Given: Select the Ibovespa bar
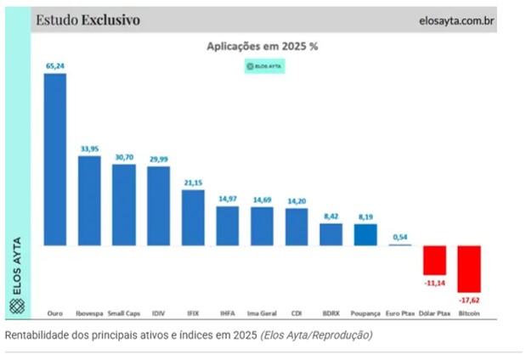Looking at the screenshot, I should point(89,200).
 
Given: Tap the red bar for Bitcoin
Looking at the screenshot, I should point(469,268).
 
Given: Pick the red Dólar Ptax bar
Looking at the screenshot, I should point(434,259).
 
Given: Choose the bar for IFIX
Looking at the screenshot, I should point(193,217).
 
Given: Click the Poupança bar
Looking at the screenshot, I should point(365,235).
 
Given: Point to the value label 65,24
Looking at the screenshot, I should point(55,65).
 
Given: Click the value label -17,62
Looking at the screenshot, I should point(469,300).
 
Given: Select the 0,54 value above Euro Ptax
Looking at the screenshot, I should point(399,236).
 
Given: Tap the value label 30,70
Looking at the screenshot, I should point(124,156).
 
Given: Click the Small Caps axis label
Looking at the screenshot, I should point(124,313).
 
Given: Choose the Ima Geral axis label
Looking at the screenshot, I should point(262,313).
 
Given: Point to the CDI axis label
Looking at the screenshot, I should point(297,313).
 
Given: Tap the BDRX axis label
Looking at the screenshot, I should point(331,313).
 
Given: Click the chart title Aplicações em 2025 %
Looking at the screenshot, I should point(262,48).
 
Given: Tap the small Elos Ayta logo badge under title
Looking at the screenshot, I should point(263,65).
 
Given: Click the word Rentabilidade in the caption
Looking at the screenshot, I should point(35,335).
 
